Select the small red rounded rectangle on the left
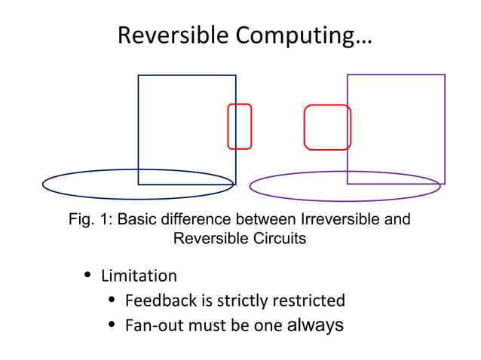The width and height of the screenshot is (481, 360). click(x=240, y=105)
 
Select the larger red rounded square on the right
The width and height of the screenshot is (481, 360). click(x=327, y=106)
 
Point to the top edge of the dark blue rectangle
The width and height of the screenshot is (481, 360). click(x=187, y=75)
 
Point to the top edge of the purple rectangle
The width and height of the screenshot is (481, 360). click(x=396, y=75)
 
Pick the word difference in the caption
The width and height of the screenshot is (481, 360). click(x=196, y=221)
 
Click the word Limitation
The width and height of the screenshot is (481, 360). click(x=139, y=276)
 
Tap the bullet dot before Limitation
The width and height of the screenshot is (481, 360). click(x=87, y=275)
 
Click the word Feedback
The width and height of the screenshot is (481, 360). click(x=160, y=301)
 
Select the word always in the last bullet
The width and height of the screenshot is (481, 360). click(x=315, y=325)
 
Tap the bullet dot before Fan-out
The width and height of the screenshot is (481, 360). click(x=111, y=325)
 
